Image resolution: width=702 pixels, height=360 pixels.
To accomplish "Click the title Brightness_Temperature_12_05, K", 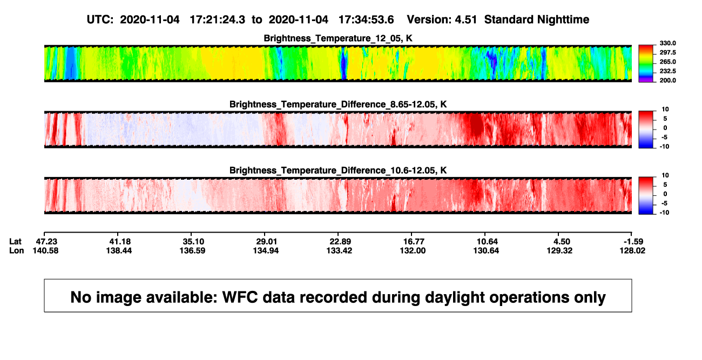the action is [x=338, y=38].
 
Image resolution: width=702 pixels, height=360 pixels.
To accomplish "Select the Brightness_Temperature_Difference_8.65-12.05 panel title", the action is [x=338, y=104].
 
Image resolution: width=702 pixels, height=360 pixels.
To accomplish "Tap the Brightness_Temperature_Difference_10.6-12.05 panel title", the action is [x=338, y=171].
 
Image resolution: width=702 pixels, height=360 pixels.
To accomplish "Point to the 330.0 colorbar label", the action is [x=667, y=43].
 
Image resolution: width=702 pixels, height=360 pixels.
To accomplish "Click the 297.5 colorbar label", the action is [x=667, y=52].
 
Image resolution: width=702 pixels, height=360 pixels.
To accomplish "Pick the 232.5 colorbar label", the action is [x=667, y=71].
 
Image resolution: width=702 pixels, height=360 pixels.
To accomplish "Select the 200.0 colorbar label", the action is [x=667, y=80].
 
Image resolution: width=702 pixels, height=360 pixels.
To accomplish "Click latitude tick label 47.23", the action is [x=46, y=242].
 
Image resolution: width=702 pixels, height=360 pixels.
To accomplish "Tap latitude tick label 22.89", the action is [x=340, y=242].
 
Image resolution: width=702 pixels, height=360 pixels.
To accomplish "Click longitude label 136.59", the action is [x=192, y=250].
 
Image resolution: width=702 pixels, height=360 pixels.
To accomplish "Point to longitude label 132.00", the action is [x=413, y=250].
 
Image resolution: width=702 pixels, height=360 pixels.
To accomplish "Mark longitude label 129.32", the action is [x=560, y=250].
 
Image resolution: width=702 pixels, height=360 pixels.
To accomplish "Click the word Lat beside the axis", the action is [x=15, y=242].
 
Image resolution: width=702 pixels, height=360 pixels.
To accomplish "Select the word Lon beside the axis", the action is [x=17, y=250].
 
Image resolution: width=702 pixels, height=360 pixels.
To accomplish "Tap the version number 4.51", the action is [x=466, y=20].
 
